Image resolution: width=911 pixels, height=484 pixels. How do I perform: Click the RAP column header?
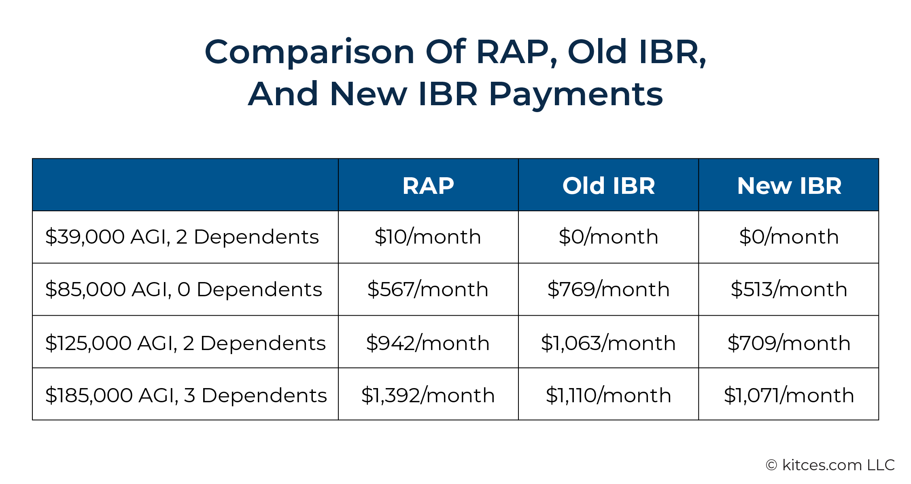coord(428,186)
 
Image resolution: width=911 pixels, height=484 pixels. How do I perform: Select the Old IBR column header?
coord(609,186)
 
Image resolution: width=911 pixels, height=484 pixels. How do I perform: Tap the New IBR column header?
coord(789,186)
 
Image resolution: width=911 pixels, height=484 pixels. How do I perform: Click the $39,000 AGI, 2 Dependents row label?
coord(182,237)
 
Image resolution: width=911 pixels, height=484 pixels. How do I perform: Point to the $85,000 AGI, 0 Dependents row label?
coord(184,289)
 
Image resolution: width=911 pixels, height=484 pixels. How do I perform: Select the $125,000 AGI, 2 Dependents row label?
coord(185,343)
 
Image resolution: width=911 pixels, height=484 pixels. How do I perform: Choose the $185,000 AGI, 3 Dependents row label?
coord(186,395)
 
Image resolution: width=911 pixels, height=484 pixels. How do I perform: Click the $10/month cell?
coord(428,237)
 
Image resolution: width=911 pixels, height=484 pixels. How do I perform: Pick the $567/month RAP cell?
coord(428,289)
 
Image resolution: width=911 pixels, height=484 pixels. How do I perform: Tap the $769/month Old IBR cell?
coord(609,289)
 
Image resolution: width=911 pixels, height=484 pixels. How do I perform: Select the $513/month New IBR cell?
coord(789,289)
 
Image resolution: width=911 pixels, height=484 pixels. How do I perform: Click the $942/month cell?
coord(428,343)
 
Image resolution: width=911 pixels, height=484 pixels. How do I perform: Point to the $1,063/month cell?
coord(609,343)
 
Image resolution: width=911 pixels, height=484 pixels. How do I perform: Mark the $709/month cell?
coord(789,343)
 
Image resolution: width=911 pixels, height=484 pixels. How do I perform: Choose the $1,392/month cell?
coord(428,395)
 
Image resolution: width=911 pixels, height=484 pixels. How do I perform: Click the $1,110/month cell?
coord(609,395)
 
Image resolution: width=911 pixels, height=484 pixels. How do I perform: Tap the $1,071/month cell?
coord(789,395)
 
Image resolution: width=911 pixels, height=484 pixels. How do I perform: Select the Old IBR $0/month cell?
coord(609,237)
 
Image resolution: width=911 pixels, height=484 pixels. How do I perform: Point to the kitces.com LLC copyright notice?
coord(830,465)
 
